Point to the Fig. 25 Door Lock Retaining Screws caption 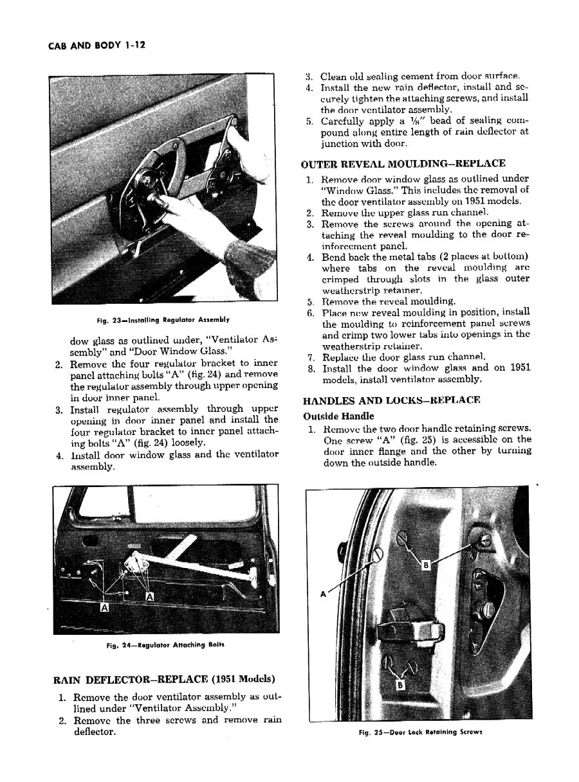[x=420, y=732]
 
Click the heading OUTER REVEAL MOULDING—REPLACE [x=403, y=163]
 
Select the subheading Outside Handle [x=338, y=416]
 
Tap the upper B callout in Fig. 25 [x=425, y=565]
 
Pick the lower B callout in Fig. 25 [x=400, y=685]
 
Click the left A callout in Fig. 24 [x=104, y=607]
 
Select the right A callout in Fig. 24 [x=151, y=597]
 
